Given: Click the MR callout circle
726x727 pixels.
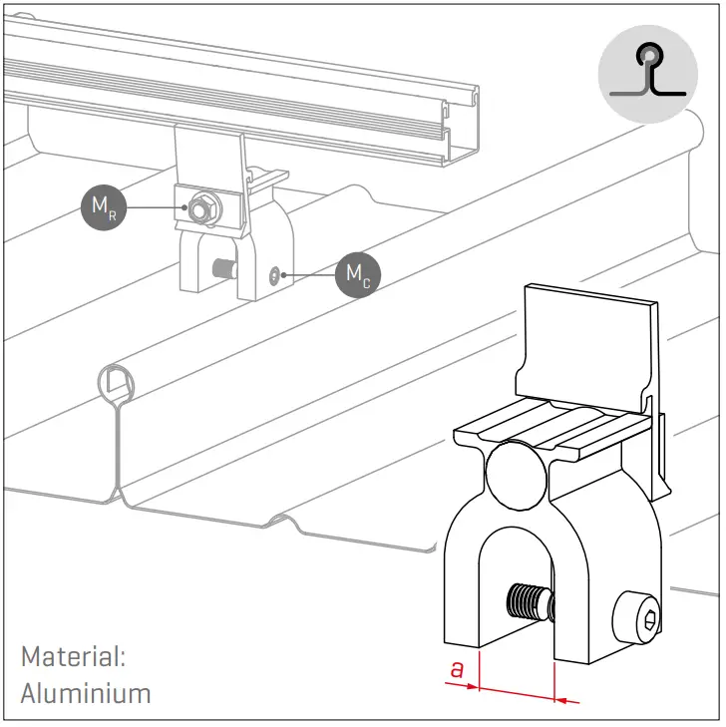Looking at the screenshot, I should (104, 207).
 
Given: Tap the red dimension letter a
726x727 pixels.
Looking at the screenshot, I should (458, 669).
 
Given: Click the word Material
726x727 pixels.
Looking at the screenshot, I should (72, 657).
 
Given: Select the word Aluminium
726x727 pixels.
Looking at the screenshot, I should (86, 692).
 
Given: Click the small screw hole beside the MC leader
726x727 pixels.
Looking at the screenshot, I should (275, 271).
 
